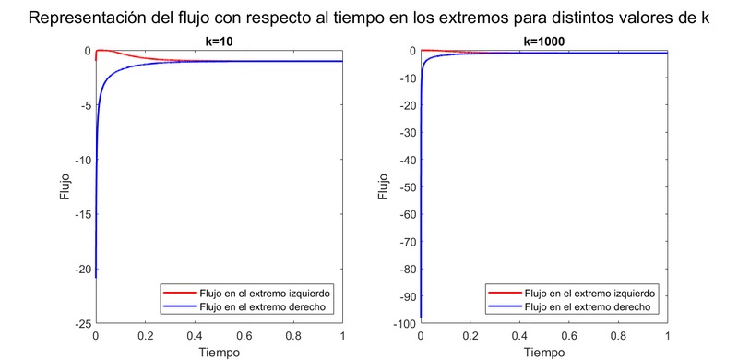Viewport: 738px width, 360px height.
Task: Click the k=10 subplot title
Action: (x=219, y=41)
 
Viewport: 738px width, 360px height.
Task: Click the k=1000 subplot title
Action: (x=543, y=41)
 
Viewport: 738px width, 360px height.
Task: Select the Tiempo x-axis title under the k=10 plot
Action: (x=219, y=352)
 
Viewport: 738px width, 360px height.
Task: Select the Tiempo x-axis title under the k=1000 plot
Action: (x=543, y=352)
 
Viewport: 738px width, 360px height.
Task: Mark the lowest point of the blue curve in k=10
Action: (x=96, y=278)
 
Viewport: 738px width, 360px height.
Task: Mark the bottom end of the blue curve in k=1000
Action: (x=421, y=318)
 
